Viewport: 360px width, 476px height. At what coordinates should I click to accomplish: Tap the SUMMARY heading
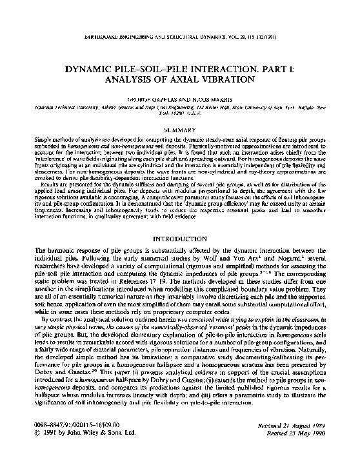click(180, 130)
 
